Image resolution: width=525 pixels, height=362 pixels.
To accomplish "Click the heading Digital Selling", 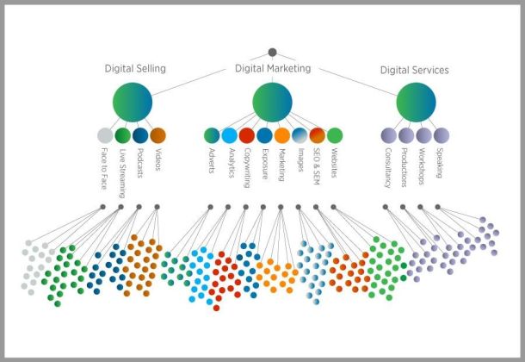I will click(x=135, y=68).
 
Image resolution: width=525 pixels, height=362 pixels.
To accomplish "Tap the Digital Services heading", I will click(x=414, y=70).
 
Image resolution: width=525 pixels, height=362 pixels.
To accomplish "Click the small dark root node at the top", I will click(x=272, y=52).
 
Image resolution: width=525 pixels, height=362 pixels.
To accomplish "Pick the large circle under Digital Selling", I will click(x=133, y=102).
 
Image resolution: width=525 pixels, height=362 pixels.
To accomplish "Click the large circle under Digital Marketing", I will click(x=272, y=102).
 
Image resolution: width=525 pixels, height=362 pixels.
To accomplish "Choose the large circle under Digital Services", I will click(x=416, y=102).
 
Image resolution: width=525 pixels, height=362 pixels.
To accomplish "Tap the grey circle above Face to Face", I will click(x=105, y=135).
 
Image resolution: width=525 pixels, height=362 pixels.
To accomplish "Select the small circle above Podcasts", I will click(x=140, y=135).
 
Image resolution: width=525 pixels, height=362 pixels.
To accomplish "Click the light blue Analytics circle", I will click(x=229, y=135).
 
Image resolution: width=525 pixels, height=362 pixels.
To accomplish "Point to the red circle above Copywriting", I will click(x=246, y=135).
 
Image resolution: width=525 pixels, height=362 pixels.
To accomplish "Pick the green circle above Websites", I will click(x=334, y=135).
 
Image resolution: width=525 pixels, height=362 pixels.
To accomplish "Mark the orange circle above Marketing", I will click(x=281, y=135).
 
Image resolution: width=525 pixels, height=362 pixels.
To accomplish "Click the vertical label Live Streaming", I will click(x=122, y=169).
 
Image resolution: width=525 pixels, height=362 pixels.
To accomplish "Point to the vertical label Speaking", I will click(x=441, y=163).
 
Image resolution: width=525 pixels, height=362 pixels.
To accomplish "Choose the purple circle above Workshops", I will click(x=423, y=135).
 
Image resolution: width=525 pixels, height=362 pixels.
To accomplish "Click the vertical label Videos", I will click(x=157, y=159).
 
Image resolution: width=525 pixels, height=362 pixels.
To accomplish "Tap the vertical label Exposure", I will click(x=263, y=165).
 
